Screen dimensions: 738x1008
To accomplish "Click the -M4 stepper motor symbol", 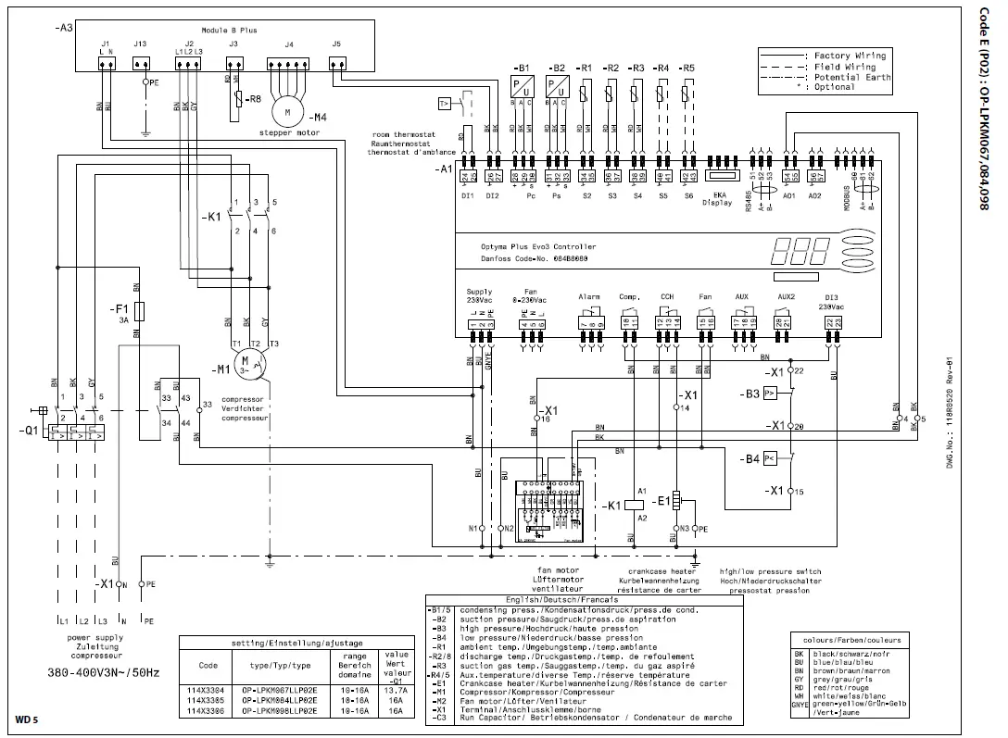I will (288, 111).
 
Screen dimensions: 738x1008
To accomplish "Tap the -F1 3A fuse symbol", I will (138, 309).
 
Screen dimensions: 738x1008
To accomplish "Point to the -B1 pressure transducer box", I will (522, 86).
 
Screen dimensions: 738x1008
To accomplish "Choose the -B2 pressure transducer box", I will (558, 86).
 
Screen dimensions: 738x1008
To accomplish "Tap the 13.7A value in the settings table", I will (397, 689).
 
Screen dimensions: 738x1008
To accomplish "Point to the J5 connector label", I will (335, 44).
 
